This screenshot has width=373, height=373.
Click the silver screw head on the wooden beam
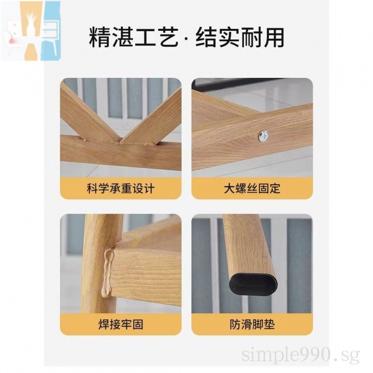click(264, 136)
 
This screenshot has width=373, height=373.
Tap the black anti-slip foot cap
click(254, 284)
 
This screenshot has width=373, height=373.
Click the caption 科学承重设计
click(121, 189)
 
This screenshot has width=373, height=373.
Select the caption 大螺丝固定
click(252, 189)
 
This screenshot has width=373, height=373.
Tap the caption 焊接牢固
click(121, 324)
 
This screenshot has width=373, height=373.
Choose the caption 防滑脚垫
click(252, 324)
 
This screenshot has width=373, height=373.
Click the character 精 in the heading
click(100, 38)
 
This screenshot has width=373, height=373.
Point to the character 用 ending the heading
click(274, 38)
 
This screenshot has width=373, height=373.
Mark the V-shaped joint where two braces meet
click(120, 142)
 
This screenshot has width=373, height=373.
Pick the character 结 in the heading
click(207, 38)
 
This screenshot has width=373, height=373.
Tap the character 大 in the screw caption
click(229, 189)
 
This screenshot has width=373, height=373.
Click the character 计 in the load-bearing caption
click(149, 189)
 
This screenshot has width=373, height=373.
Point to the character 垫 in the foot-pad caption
click(269, 324)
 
